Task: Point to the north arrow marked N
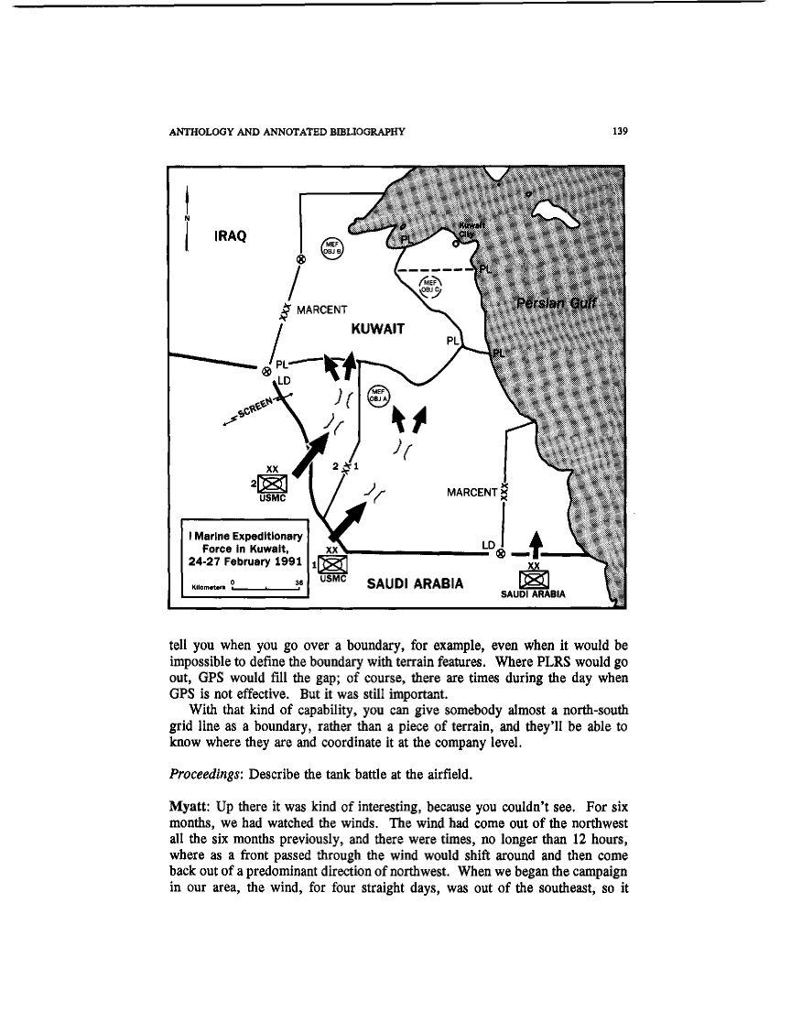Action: point(187,219)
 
